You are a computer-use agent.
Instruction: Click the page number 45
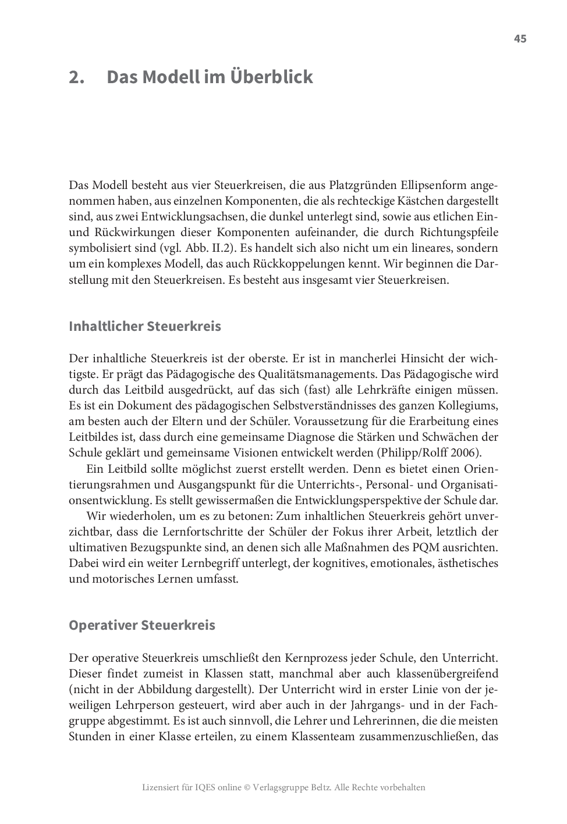click(x=520, y=39)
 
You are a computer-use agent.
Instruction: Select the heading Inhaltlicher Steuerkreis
click(x=145, y=326)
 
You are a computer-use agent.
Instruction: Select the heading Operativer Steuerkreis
click(x=142, y=625)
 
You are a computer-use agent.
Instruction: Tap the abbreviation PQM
click(x=438, y=547)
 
